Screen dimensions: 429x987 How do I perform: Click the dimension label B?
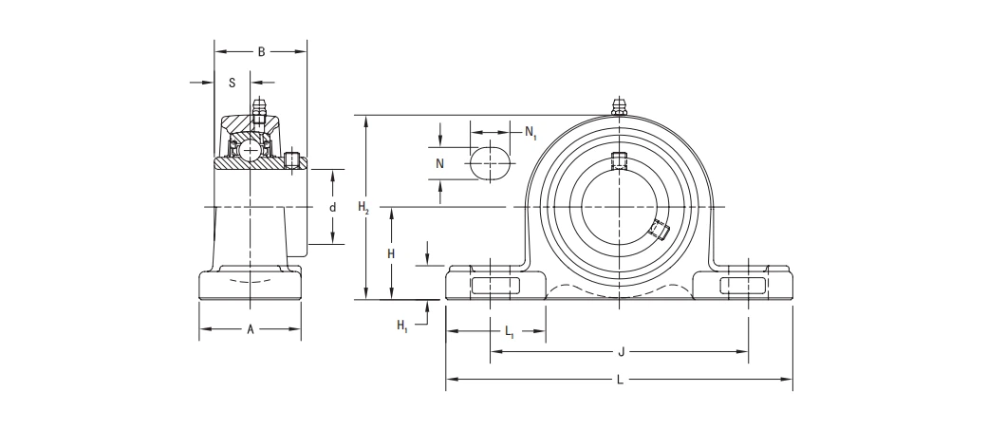261,52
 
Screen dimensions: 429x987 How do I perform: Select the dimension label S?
233,83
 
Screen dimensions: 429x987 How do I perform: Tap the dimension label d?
332,207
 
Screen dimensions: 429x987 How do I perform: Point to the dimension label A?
250,330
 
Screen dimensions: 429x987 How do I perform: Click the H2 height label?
364,207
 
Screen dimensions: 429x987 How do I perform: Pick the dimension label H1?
402,326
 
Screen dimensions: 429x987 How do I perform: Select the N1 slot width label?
531,132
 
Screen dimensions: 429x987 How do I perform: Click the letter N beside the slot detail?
439,163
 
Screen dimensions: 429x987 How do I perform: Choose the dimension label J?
620,352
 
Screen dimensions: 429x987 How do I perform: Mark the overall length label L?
620,380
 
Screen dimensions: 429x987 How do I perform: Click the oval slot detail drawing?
491,162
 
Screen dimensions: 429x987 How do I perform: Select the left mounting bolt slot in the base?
491,286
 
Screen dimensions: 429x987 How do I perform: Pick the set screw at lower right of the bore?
659,230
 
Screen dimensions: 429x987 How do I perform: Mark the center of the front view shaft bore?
619,207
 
